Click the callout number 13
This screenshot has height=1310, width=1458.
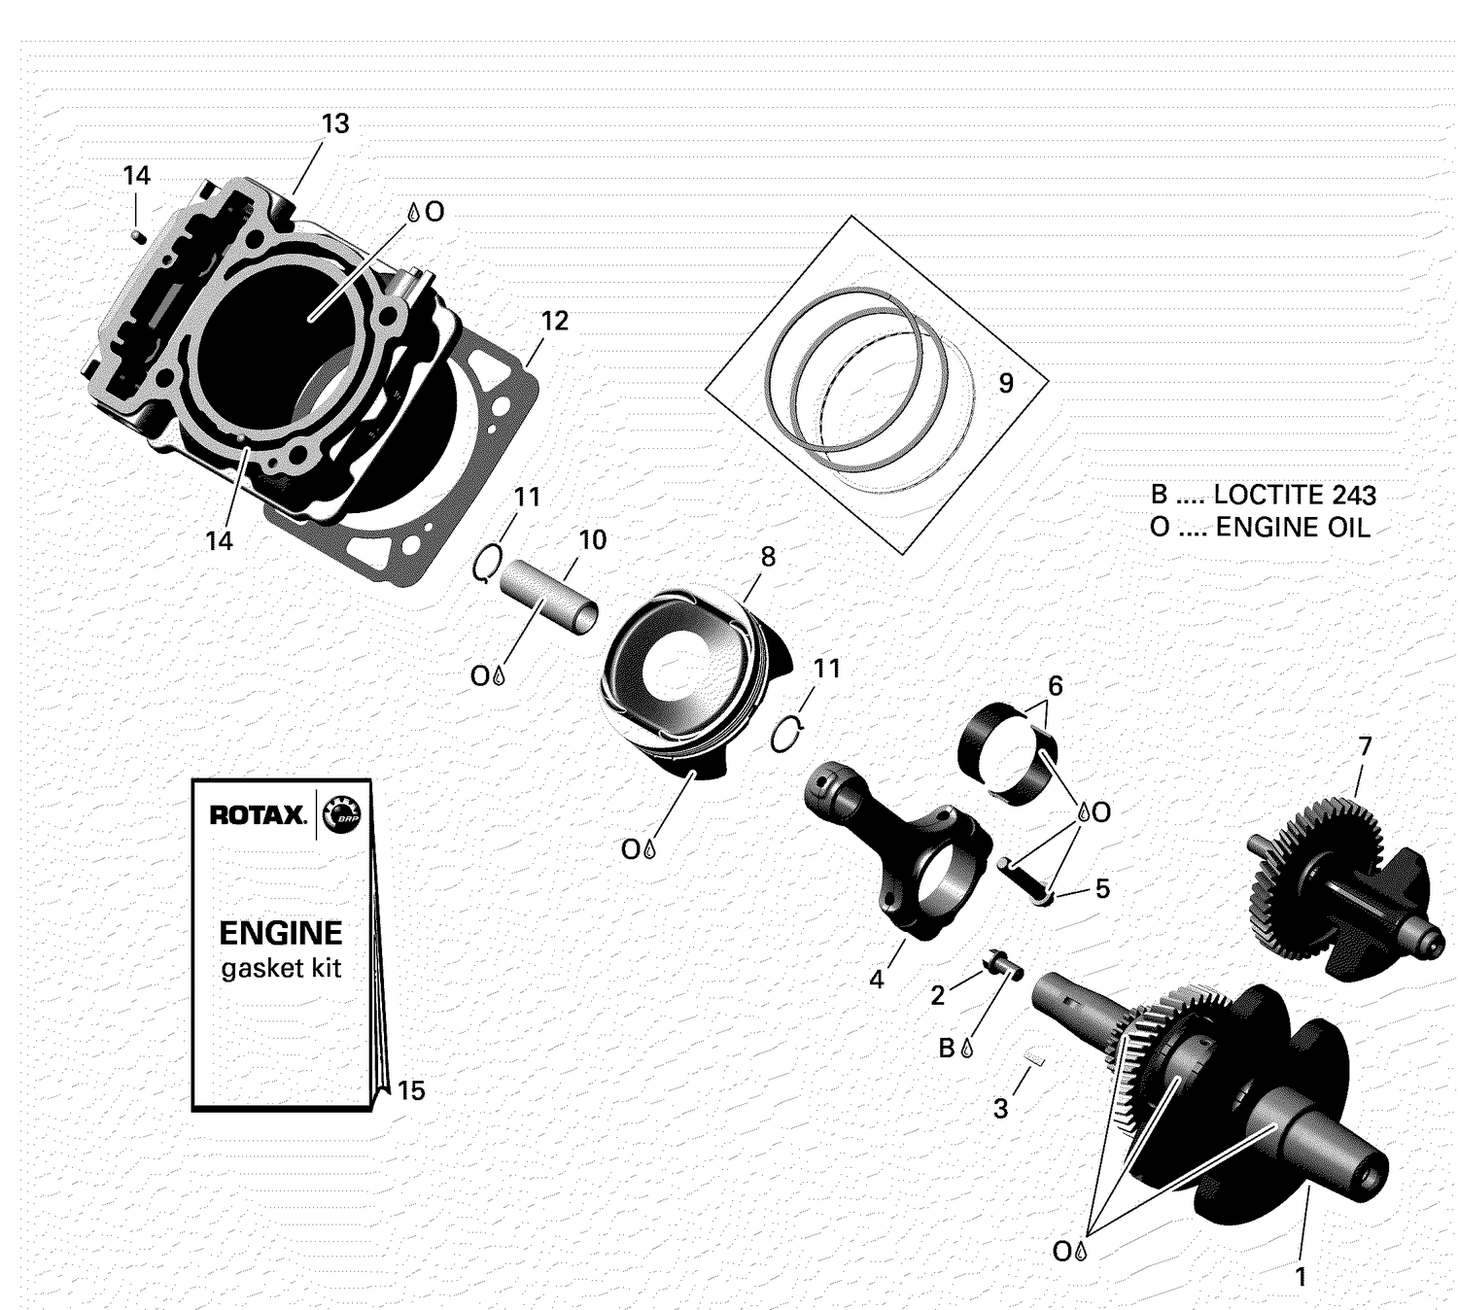point(334,124)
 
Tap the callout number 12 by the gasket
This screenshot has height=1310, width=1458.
point(554,321)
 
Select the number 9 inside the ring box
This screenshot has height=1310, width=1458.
point(1006,383)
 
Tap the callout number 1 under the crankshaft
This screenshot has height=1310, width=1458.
point(1301,1276)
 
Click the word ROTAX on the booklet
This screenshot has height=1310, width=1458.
point(258,814)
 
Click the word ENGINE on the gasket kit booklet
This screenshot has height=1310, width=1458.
point(280,933)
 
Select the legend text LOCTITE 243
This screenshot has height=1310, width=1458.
point(1295,495)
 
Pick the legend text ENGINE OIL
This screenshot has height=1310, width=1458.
point(1293,528)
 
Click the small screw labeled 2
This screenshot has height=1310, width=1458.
point(1001,964)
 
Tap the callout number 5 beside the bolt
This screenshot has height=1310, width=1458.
point(1101,888)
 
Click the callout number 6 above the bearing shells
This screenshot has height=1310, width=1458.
point(1055,686)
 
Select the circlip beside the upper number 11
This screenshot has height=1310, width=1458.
point(487,564)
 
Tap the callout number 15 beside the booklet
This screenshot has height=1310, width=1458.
point(411,1090)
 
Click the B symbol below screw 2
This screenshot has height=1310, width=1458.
point(947,1048)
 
